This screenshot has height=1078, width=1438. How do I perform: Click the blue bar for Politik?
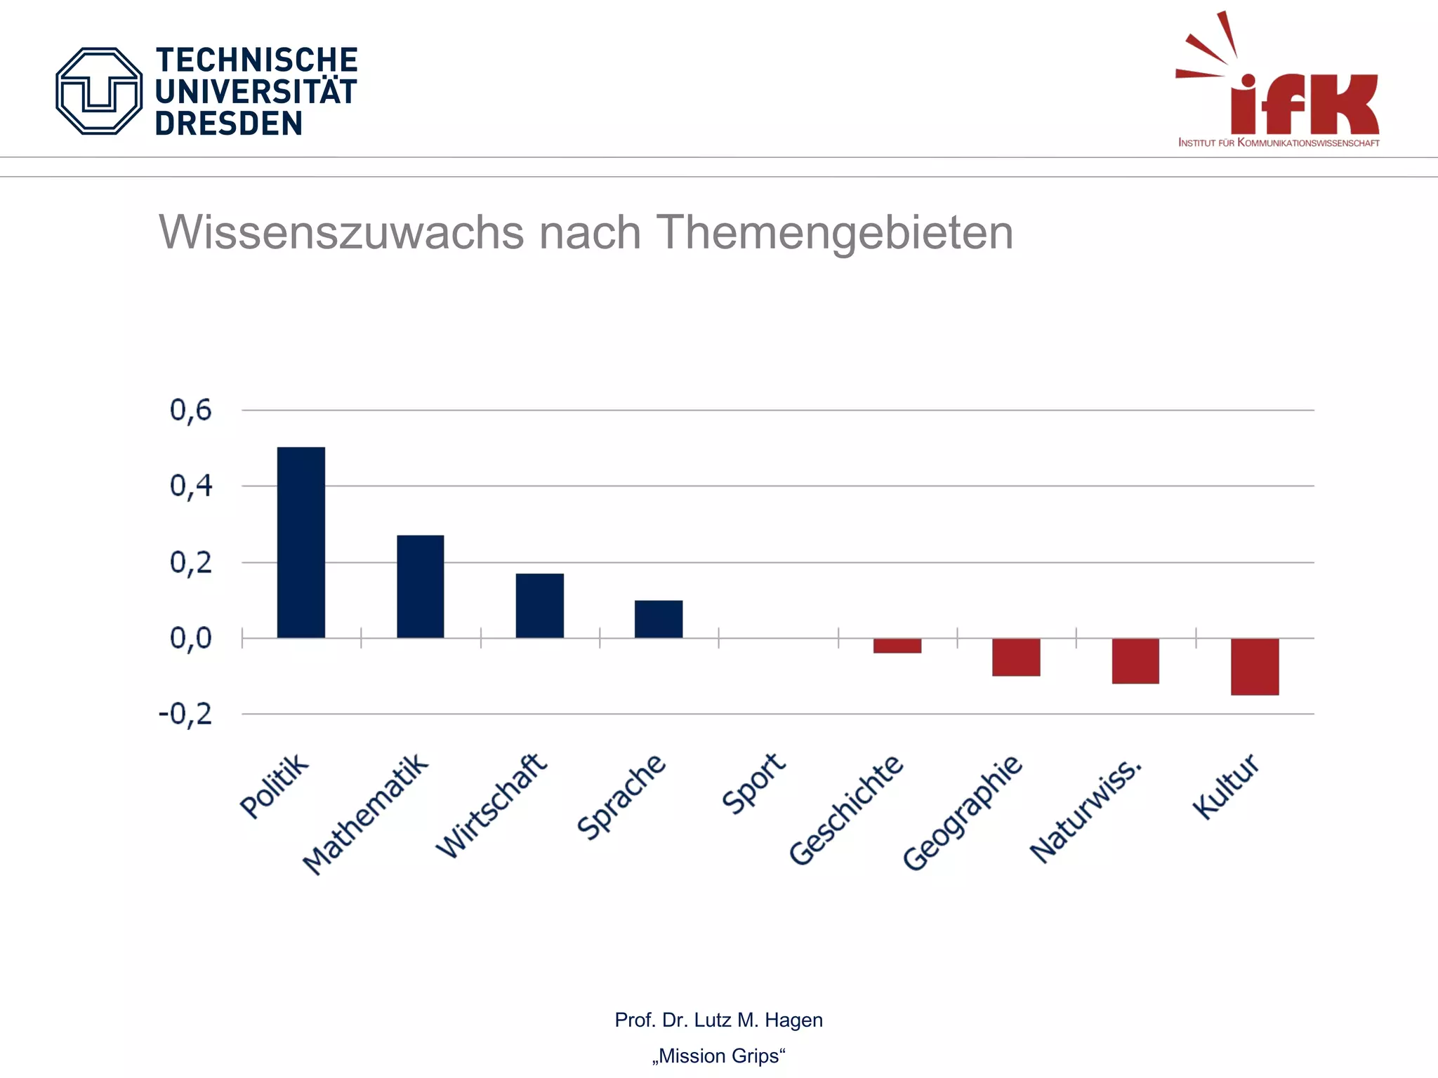301,543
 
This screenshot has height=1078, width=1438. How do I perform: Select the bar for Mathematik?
420,587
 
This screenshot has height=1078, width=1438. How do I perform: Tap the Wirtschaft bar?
539,606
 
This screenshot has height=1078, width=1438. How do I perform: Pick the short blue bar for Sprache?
658,619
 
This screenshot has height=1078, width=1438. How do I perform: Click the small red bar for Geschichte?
897,646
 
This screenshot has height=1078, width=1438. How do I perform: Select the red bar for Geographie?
1015,657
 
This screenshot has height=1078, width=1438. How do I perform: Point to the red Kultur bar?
1254,666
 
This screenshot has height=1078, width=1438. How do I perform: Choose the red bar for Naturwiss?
1135,660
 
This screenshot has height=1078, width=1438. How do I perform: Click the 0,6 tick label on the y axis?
190,411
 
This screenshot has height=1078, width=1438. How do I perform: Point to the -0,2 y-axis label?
185,714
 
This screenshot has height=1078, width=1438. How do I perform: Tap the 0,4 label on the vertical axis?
190,486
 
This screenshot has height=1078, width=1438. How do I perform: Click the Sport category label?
753,783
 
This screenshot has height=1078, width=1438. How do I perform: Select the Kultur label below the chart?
1225,786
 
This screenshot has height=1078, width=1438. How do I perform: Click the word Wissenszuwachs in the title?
341,232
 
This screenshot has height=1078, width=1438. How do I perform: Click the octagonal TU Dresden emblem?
99,91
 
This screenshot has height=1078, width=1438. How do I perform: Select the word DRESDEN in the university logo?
228,124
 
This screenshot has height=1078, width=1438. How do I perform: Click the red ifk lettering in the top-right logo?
1304,104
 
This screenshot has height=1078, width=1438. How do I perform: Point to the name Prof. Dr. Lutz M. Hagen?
718,1020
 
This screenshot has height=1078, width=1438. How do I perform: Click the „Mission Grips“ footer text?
718,1056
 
